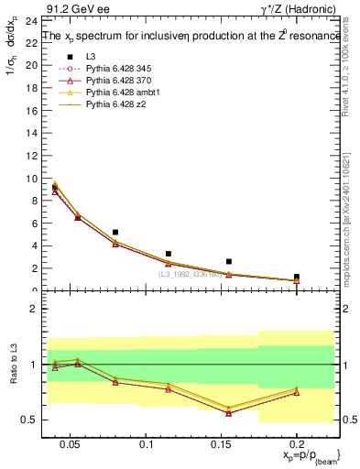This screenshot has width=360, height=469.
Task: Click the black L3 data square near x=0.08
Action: pyautogui.click(x=115, y=233)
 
